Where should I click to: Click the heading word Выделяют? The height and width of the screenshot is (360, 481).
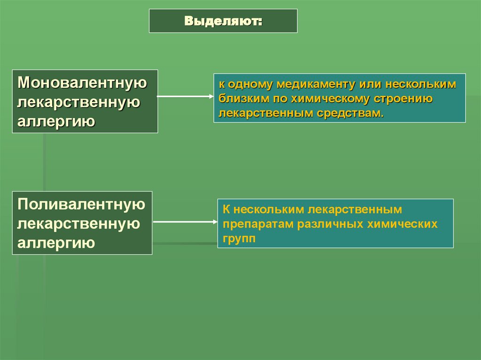click(x=223, y=21)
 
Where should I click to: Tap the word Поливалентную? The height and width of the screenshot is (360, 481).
click(x=81, y=205)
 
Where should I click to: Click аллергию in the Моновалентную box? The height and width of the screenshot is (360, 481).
click(x=57, y=122)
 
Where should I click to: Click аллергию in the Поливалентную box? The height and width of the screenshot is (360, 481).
click(x=57, y=243)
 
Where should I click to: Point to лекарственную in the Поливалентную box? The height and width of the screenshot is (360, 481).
click(x=79, y=224)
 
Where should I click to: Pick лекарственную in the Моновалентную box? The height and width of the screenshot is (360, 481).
click(x=79, y=102)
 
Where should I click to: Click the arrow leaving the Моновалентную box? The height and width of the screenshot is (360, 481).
click(x=185, y=97)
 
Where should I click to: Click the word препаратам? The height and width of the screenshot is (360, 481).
click(x=258, y=223)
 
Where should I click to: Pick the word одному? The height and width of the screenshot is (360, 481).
click(x=250, y=85)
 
